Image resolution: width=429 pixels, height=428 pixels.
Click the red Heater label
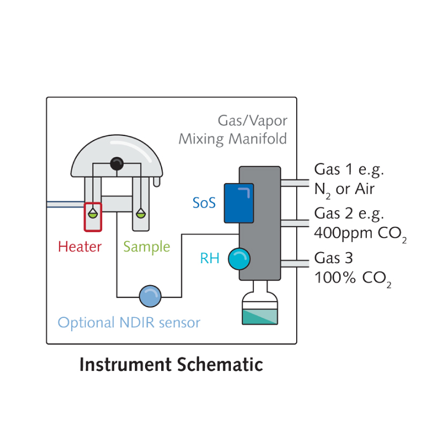click(x=79, y=247)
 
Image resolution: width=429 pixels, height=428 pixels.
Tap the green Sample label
click(x=146, y=247)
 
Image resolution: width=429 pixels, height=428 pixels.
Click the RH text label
click(x=209, y=259)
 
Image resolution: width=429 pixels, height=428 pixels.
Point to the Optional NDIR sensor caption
click(x=129, y=323)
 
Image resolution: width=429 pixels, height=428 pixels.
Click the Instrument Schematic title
click(x=171, y=365)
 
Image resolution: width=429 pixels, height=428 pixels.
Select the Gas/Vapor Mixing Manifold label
click(x=233, y=129)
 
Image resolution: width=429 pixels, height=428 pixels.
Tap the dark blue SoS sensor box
click(x=238, y=203)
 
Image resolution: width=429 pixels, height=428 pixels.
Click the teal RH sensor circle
click(x=239, y=259)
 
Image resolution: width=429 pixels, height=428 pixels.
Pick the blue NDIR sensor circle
click(x=149, y=296)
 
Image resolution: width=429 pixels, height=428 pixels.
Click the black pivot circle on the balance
click(x=116, y=164)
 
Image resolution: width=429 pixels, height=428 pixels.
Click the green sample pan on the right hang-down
click(x=141, y=213)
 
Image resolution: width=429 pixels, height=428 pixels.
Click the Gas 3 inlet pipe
click(x=295, y=263)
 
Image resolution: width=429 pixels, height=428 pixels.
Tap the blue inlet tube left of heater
click(x=65, y=204)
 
